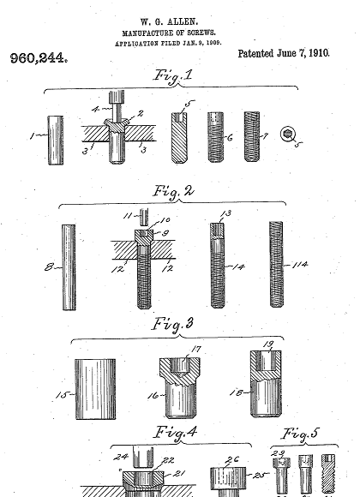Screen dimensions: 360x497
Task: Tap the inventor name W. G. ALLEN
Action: [x=170, y=22]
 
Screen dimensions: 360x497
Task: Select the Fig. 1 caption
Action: [x=173, y=76]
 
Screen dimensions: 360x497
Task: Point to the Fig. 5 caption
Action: [x=300, y=434]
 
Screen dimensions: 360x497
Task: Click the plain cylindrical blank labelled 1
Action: [x=56, y=140]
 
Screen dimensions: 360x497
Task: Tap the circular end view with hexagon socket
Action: [x=288, y=134]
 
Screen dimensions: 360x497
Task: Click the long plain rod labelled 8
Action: [x=69, y=267]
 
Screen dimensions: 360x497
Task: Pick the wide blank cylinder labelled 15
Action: [x=95, y=389]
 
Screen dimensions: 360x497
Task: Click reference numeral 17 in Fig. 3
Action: [x=196, y=349]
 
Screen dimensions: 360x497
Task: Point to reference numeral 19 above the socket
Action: [x=268, y=344]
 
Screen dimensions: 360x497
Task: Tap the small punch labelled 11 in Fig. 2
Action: [x=144, y=217]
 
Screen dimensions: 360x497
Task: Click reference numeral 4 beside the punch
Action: [x=96, y=110]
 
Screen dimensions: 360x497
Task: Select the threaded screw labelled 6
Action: [x=216, y=137]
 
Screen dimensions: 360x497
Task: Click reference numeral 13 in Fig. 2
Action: [x=226, y=213]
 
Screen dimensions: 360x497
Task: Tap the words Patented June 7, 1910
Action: [x=284, y=53]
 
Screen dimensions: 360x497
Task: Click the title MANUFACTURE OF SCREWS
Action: [x=169, y=33]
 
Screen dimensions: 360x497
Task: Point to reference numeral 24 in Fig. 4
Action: [x=121, y=457]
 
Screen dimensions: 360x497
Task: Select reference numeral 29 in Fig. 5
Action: [x=279, y=453]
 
